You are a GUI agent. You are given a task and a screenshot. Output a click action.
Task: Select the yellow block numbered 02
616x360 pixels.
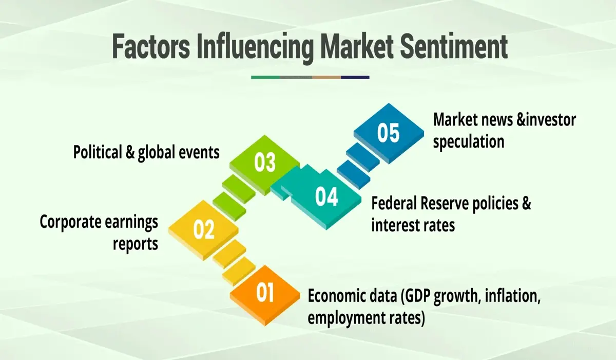point(204,229)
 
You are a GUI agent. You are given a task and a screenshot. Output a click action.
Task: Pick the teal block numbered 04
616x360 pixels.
point(326,197)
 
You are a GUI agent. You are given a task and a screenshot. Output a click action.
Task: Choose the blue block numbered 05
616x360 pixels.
point(388,132)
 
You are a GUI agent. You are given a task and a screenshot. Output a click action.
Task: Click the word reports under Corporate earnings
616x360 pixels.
point(136,243)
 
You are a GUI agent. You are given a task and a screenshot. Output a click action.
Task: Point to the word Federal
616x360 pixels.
point(393,203)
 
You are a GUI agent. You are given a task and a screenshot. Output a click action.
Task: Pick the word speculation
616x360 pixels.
point(469,141)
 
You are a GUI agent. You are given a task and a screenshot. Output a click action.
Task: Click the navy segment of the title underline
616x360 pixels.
point(355,77)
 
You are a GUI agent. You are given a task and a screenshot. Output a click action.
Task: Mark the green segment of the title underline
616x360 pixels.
point(266,77)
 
